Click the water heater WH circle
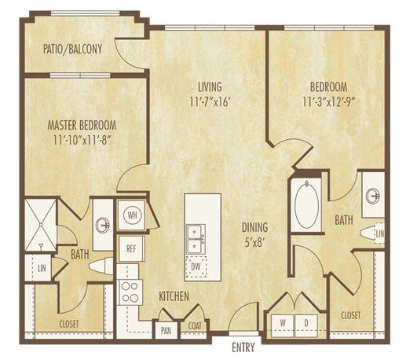(x=132, y=215)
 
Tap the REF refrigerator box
(x=132, y=248)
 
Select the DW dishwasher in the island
(x=196, y=266)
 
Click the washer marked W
(x=283, y=325)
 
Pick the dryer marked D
(x=306, y=325)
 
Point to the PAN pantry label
(x=166, y=331)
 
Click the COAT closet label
(x=195, y=326)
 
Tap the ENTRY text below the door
(x=243, y=347)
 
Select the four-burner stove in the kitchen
(x=130, y=292)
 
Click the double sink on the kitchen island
(x=196, y=239)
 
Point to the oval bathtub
(x=307, y=205)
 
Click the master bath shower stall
(x=41, y=225)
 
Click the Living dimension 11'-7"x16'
(x=210, y=102)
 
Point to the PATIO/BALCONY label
(x=72, y=49)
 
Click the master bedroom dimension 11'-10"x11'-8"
(x=81, y=140)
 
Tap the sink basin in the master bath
(x=103, y=225)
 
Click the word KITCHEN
(x=174, y=296)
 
